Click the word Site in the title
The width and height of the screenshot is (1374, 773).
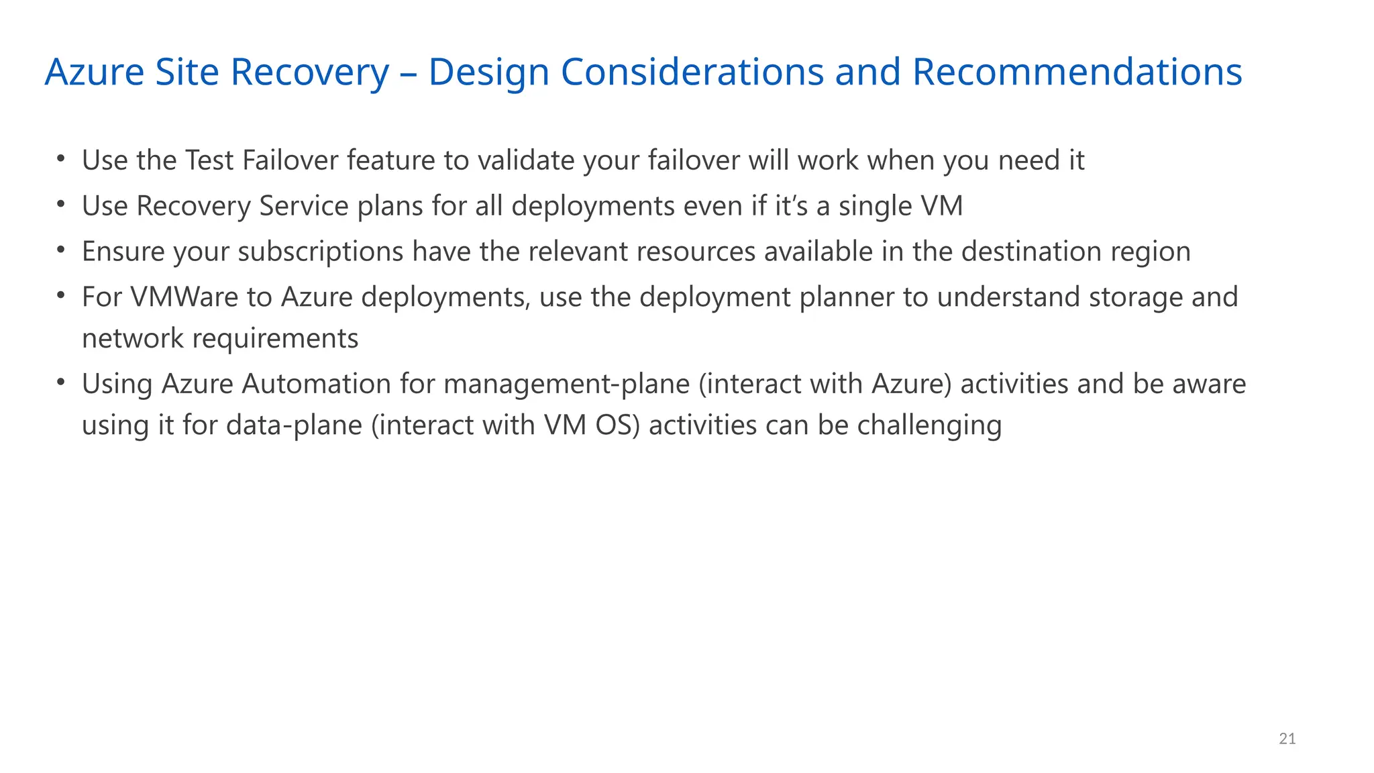coord(187,72)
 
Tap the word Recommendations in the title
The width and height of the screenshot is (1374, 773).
coord(1077,72)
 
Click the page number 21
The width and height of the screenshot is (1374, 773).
coord(1287,739)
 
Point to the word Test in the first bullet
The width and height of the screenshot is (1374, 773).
coord(209,160)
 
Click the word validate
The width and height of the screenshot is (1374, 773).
coord(526,160)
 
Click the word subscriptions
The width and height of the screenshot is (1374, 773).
coord(321,252)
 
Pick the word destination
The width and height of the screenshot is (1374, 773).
coord(1031,252)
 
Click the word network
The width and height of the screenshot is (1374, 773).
coord(133,338)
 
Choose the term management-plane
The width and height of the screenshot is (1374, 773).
coord(566,384)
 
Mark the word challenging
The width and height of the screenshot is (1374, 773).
coord(929,425)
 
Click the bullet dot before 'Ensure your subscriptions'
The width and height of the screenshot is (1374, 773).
coord(61,250)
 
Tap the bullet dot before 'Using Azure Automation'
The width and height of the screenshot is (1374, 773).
coord(61,382)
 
